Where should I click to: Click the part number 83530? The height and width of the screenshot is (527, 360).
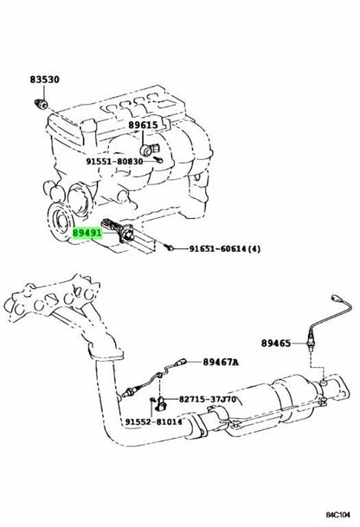point(45,80)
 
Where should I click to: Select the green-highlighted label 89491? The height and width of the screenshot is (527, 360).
point(87,233)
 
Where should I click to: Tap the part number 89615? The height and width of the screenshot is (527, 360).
point(143,125)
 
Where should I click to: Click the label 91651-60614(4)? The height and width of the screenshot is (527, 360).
point(224,249)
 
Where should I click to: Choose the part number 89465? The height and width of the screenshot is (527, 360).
point(276,344)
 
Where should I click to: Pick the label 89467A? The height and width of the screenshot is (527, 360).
point(220,362)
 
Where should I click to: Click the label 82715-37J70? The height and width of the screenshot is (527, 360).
point(208,399)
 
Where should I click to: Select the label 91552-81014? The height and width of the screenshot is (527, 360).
point(154,421)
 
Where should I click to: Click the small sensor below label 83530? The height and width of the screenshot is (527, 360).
point(42,104)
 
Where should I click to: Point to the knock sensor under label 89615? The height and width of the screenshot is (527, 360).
point(149,149)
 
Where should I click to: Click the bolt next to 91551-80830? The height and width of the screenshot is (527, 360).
point(158,159)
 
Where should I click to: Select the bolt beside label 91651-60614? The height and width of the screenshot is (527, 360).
point(170,248)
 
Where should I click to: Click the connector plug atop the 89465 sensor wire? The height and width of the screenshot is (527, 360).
point(336,298)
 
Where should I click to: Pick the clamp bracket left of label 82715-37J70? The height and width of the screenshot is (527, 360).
point(162,403)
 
